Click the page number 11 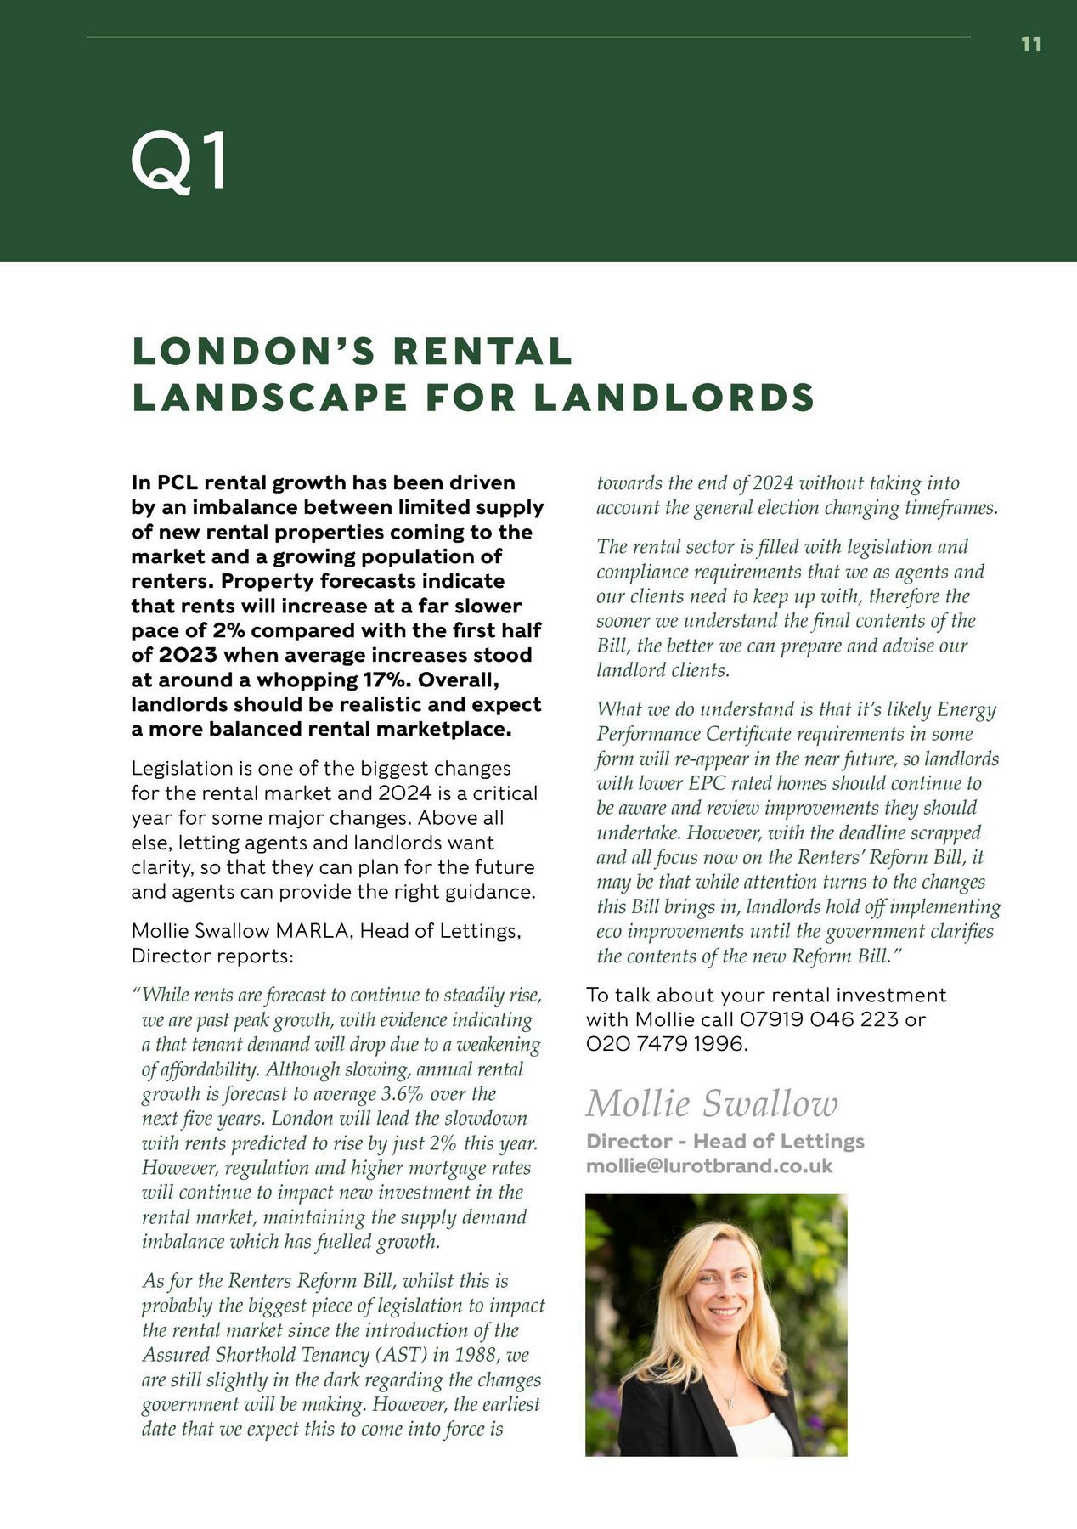tap(1031, 44)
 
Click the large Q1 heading tap(180, 161)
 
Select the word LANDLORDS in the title tap(674, 398)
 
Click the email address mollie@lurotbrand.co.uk tap(709, 1165)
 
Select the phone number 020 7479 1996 tap(666, 1044)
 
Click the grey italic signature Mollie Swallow tap(712, 1103)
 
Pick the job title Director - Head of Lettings tap(725, 1141)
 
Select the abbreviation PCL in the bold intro tap(177, 483)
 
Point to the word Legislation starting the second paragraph tap(182, 769)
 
